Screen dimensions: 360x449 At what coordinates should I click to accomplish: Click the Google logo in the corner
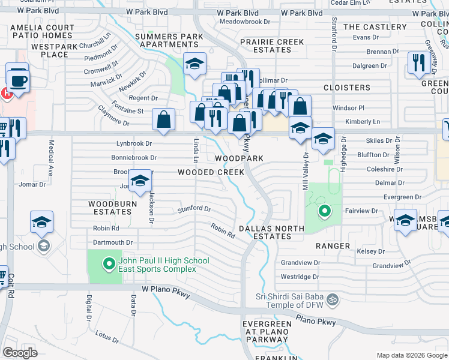[20, 353]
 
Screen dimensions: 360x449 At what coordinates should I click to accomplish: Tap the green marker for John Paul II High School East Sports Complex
[109, 263]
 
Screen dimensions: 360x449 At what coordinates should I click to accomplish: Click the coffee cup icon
[18, 79]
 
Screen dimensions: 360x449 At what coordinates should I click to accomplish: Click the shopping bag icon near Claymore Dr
[163, 119]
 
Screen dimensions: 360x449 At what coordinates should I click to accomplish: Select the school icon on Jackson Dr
[140, 181]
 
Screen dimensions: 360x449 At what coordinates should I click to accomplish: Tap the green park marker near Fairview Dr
[325, 211]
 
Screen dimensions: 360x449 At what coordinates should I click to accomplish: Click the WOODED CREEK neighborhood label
[211, 172]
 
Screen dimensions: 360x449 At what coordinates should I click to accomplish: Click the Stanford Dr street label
[194, 209]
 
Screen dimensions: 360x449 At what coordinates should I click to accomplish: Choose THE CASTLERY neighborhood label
[375, 27]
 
